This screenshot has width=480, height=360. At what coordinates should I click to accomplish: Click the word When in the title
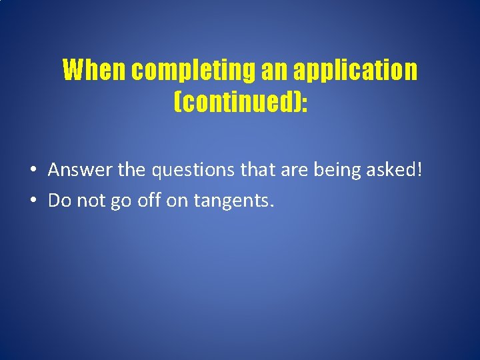[95, 70]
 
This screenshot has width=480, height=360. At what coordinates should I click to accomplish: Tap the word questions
[194, 170]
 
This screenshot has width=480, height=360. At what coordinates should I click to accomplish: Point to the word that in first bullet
[257, 170]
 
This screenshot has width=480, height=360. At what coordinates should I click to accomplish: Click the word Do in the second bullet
[59, 200]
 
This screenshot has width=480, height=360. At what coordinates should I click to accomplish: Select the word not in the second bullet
[91, 200]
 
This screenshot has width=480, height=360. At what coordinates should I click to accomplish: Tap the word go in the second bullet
[123, 200]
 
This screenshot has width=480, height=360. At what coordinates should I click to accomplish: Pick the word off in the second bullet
[150, 200]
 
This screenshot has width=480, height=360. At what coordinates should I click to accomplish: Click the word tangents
[234, 200]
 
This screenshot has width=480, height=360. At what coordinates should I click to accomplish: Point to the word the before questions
[132, 170]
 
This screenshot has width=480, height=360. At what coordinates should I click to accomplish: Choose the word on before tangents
[178, 200]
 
